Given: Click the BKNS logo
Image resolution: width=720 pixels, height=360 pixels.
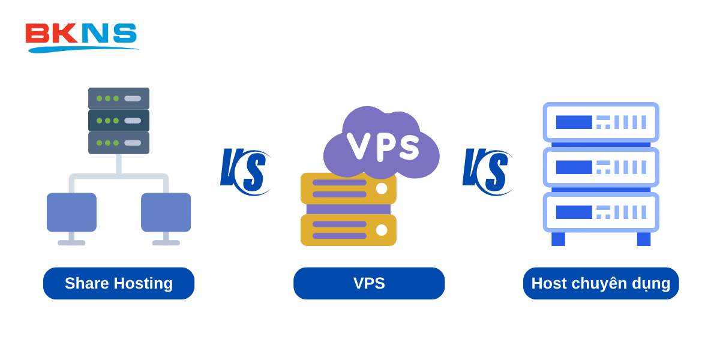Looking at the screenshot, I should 81,36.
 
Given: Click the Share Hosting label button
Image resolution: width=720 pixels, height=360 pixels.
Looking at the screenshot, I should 119,283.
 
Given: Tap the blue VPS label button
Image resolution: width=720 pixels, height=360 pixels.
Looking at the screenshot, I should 369,283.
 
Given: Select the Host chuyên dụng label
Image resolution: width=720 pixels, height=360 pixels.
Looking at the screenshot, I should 601,283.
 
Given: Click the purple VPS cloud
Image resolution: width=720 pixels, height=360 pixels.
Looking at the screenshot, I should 382,144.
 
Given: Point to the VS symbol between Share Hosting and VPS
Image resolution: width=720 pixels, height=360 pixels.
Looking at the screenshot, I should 245,171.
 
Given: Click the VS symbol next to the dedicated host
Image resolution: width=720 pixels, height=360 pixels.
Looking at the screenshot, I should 487,171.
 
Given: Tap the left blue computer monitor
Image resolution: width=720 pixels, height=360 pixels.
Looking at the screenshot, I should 71,212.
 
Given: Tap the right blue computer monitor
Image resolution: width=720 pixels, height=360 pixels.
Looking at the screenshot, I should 166,212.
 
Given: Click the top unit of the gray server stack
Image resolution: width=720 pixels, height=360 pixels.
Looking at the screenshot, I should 119,98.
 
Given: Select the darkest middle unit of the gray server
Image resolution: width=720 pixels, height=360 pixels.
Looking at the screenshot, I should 119,121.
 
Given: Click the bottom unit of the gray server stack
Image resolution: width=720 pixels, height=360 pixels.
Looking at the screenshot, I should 119,143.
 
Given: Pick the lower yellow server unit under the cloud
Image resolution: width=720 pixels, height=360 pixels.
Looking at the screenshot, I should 348,230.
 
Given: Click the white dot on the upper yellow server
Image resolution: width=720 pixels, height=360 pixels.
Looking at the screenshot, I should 382,188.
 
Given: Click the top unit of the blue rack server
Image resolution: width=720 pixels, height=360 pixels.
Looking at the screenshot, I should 601,122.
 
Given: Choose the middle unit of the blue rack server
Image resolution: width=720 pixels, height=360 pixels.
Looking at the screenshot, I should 601,167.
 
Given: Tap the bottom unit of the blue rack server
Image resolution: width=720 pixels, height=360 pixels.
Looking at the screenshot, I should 601,212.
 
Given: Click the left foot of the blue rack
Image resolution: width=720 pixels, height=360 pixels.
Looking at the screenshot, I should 558,239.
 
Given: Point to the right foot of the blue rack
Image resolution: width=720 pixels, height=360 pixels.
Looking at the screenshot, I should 644,239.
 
